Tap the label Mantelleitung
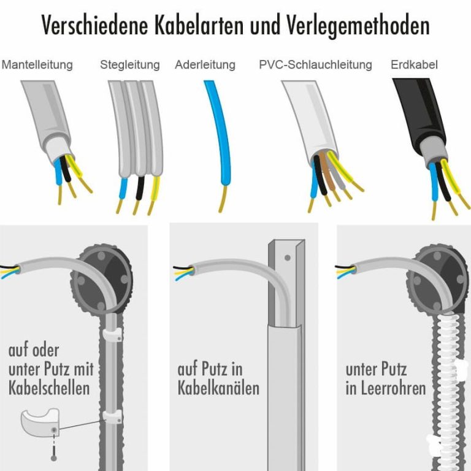[37, 65]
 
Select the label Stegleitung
[130, 65]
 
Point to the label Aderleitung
[205, 64]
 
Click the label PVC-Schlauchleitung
[315, 64]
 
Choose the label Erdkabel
[414, 64]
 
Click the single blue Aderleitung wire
[220, 132]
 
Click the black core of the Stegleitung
[140, 188]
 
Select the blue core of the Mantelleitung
[58, 173]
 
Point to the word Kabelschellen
[49, 388]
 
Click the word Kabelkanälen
[218, 388]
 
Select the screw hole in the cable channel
[287, 258]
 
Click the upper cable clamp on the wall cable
[112, 335]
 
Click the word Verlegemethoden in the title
[358, 25]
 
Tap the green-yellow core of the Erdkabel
[450, 177]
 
